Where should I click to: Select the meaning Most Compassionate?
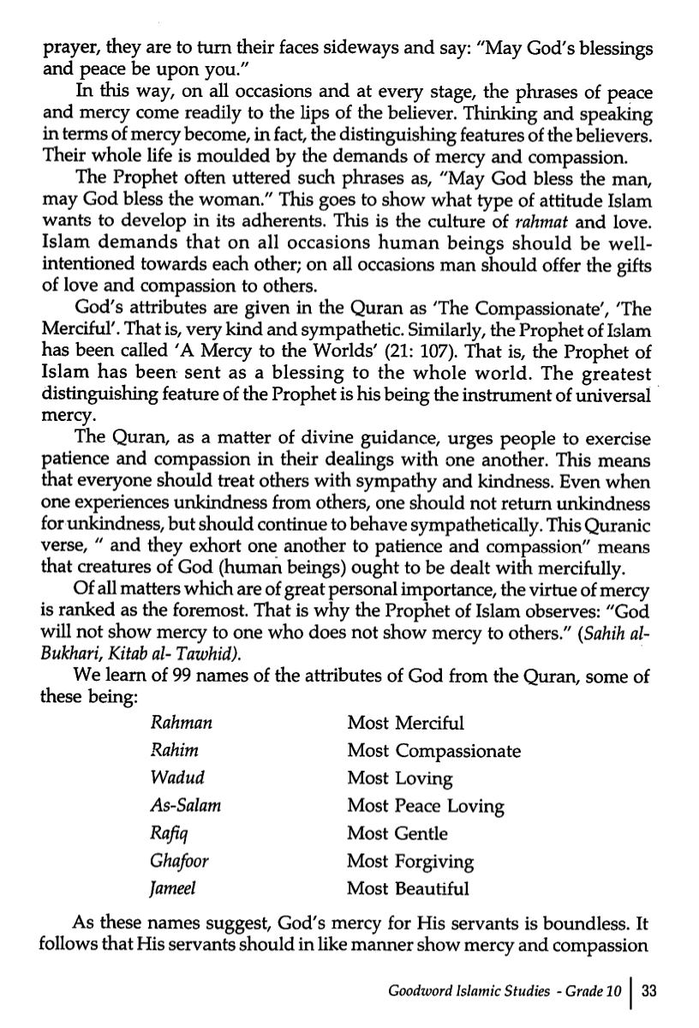[x=433, y=751]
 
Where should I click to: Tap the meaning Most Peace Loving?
[x=425, y=806]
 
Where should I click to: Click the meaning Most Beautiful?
[x=408, y=888]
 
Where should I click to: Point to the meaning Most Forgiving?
[x=410, y=861]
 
